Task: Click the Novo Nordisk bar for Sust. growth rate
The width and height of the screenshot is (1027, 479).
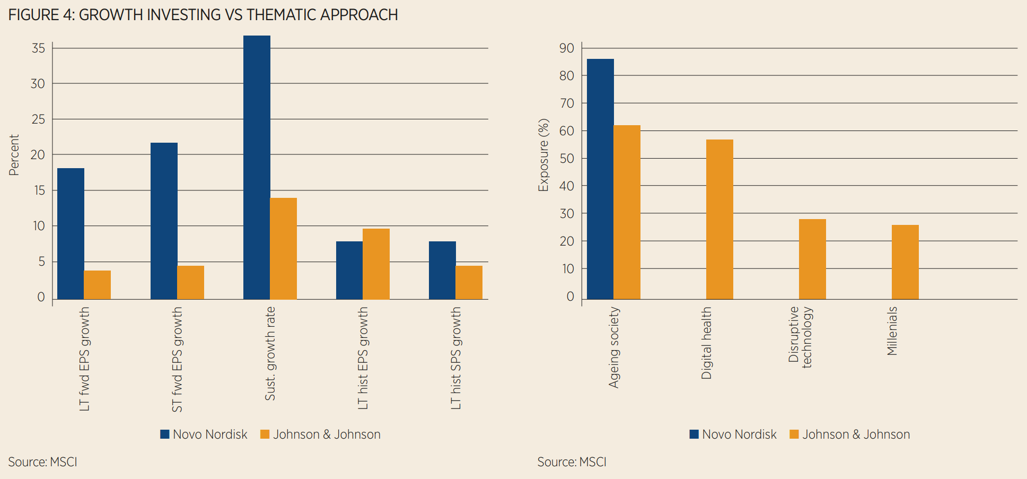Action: (x=257, y=167)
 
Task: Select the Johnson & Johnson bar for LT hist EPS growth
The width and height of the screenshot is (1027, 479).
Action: (x=376, y=264)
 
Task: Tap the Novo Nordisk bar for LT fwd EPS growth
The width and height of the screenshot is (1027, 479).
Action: (x=71, y=233)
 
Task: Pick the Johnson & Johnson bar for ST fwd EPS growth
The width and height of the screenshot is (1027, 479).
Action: (x=190, y=282)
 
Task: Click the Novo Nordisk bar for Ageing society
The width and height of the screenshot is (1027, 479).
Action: (x=600, y=179)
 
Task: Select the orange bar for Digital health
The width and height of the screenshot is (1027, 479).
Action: (x=719, y=219)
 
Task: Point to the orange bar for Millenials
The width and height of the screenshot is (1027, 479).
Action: (x=905, y=262)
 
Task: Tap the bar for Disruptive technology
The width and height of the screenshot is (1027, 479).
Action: (x=812, y=259)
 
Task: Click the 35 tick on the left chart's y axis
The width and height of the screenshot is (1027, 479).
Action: (x=38, y=48)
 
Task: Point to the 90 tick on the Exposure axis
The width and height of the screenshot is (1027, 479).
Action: (x=567, y=48)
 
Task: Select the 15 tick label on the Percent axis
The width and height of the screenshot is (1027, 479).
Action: (x=38, y=190)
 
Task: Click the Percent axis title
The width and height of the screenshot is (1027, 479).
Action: (x=14, y=155)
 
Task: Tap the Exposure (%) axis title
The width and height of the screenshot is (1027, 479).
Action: (x=543, y=155)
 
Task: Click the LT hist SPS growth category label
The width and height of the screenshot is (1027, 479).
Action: (x=456, y=358)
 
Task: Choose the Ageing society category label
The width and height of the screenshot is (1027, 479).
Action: (x=614, y=347)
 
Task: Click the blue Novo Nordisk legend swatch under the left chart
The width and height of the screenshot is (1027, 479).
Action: (x=165, y=434)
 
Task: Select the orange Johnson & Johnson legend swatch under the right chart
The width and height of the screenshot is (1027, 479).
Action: (x=794, y=434)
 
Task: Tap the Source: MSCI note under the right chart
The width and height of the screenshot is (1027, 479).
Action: (x=572, y=462)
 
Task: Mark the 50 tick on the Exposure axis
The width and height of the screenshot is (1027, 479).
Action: (x=567, y=158)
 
